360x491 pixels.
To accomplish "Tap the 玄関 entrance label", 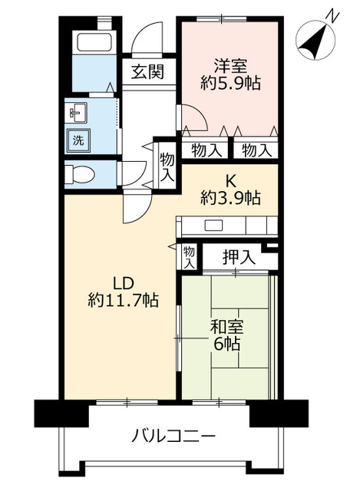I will (x=146, y=73).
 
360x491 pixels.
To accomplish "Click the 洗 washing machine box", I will (x=78, y=140).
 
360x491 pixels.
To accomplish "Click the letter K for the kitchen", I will (x=230, y=180).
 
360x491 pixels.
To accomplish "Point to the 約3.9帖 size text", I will (x=230, y=199).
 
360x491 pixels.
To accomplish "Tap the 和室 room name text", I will (x=227, y=325).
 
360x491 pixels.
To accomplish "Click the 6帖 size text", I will (x=227, y=344).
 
